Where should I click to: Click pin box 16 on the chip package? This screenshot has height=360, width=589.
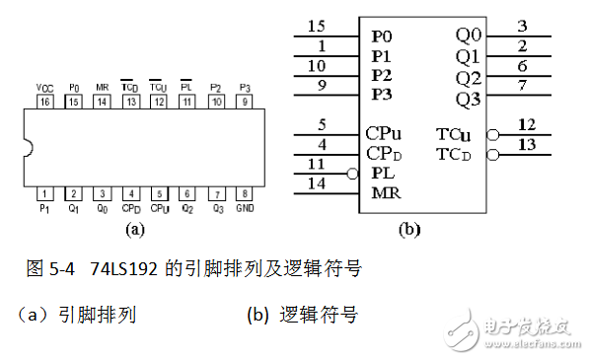tap(45, 102)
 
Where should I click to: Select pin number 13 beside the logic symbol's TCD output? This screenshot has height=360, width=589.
tap(524, 145)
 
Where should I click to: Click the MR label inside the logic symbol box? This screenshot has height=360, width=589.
tap(386, 192)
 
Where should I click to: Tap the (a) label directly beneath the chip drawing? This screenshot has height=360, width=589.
tap(136, 230)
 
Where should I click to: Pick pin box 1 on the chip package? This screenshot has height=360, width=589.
tap(45, 194)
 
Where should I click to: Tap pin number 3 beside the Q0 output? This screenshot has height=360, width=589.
tap(524, 27)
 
